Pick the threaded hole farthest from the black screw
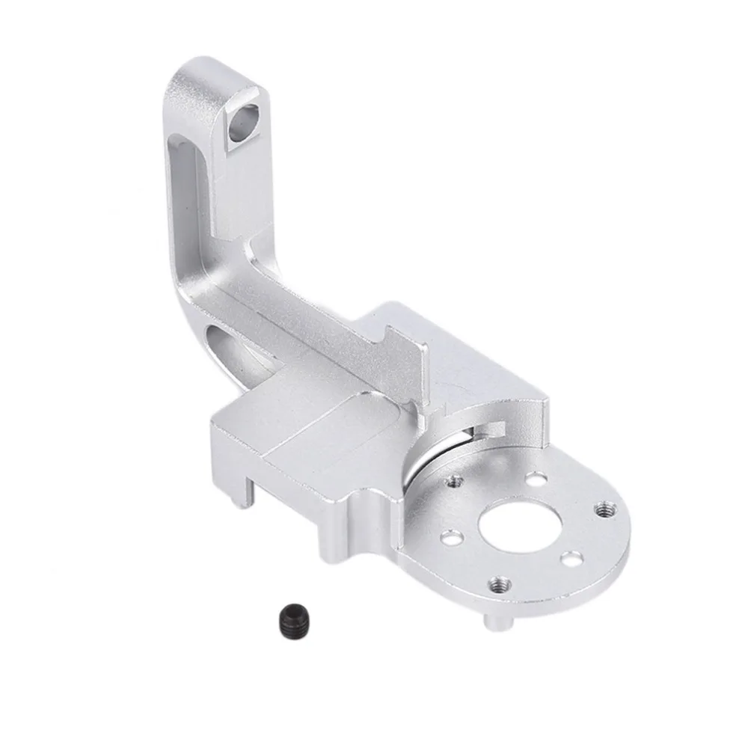click(601, 509)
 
